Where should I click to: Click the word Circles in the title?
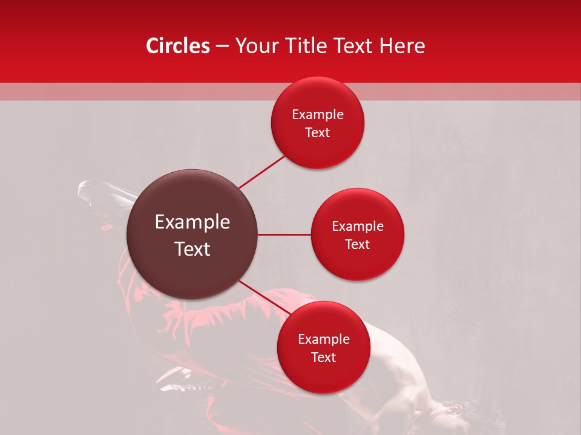coord(178,46)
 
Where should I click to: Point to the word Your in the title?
coord(255,46)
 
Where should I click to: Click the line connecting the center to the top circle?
coord(261,172)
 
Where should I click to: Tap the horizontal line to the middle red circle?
coord(284,234)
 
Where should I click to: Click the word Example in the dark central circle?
coord(192,222)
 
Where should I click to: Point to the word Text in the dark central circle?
coord(192,249)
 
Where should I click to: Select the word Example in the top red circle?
coord(318,115)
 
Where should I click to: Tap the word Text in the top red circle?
coord(318,133)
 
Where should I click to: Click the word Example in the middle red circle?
coord(358,227)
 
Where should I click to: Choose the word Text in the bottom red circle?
coord(324,357)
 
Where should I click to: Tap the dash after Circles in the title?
coord(222,47)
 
